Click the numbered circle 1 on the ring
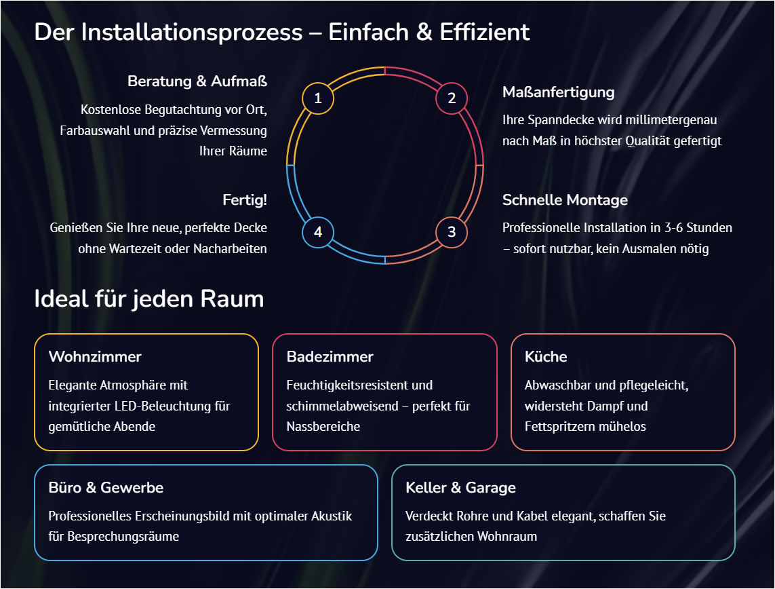318,99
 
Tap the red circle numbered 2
452,99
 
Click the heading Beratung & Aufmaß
197,81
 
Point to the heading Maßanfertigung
558,92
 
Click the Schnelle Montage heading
565,200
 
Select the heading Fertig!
245,200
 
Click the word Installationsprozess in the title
192,32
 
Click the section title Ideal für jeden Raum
148,299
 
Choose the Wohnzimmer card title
95,357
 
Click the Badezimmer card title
330,357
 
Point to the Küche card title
546,357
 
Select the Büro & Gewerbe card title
106,488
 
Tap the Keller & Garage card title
460,488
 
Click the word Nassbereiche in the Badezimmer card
323,427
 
